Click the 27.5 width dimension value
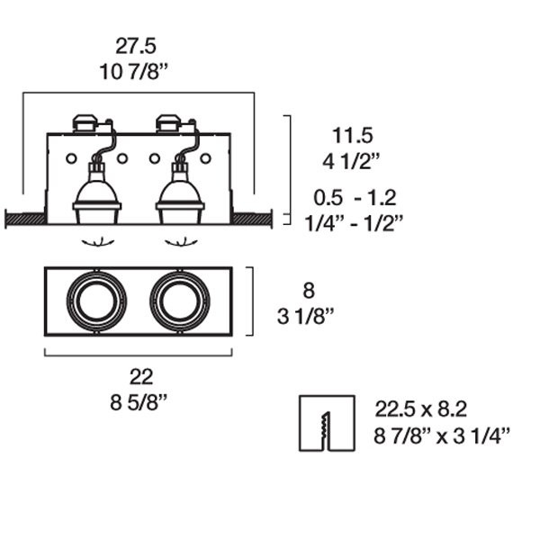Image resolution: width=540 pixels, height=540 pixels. coord(136,46)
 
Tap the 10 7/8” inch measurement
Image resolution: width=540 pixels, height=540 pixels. coord(133,72)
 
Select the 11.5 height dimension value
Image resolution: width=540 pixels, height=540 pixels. coord(352,135)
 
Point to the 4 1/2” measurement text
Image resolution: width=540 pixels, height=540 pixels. coord(351,161)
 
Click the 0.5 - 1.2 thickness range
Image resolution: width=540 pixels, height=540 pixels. coord(355,198)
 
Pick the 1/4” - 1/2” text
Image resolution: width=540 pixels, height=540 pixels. coord(354,223)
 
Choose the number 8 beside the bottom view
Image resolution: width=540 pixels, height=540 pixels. coord(309,291)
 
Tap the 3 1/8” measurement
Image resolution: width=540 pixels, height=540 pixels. coord(306,316)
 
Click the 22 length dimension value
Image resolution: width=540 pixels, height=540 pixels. coord(141,377)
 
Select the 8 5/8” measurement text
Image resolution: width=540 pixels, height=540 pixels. coord(139,402)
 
